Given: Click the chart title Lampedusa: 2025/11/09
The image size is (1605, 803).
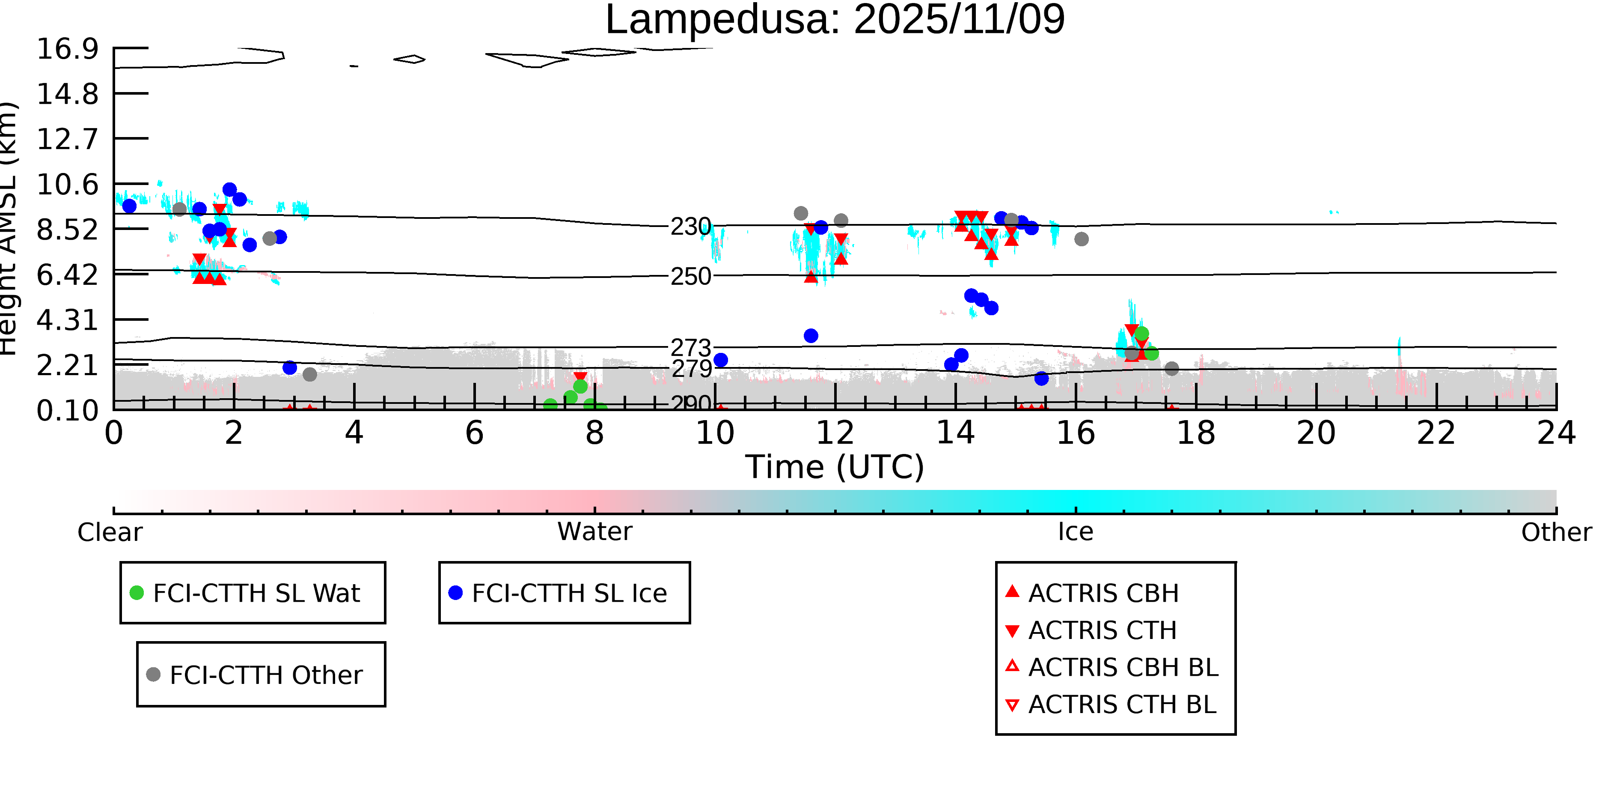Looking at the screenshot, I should (x=835, y=20).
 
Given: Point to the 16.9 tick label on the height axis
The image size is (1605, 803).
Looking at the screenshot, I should (x=67, y=49).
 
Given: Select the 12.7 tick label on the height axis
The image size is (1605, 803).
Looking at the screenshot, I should (x=67, y=138).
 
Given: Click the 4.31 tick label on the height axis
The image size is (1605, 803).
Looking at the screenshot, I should (x=67, y=320).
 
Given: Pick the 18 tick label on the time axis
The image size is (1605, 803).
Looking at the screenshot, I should (x=1196, y=433).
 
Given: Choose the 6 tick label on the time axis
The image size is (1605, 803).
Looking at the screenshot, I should (x=474, y=433).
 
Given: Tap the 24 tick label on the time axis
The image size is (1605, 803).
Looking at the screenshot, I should (x=1556, y=433).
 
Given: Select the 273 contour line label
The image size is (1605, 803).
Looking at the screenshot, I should (x=690, y=347).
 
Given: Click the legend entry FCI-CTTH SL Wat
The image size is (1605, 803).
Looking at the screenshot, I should (x=256, y=593).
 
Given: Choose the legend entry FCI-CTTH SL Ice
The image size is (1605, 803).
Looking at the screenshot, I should (x=569, y=593).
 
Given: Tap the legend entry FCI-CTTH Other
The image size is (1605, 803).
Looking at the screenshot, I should (x=265, y=675).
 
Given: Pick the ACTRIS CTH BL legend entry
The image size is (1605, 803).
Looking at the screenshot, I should (x=1121, y=704).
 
